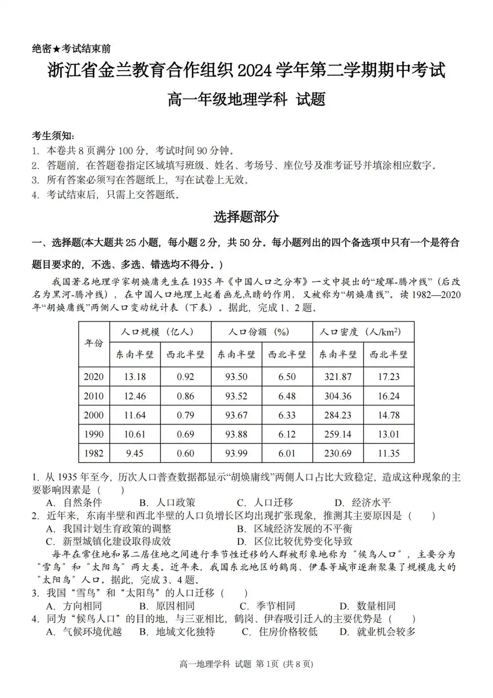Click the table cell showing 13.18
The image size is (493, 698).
(135, 377)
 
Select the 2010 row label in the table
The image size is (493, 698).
(94, 396)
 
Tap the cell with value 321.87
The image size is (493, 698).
(338, 377)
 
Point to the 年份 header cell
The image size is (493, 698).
(94, 343)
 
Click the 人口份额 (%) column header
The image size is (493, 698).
(261, 332)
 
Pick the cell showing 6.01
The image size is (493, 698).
(287, 453)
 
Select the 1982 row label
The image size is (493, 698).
(94, 453)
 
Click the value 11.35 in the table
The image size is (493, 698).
(388, 453)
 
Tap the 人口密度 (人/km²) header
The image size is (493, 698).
(363, 332)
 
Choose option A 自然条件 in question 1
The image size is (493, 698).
(74, 503)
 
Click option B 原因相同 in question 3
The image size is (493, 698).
(167, 606)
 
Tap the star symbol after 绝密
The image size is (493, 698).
(57, 49)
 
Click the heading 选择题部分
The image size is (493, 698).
(246, 217)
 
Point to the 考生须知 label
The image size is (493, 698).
(53, 136)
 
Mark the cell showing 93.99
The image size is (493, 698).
(236, 453)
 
